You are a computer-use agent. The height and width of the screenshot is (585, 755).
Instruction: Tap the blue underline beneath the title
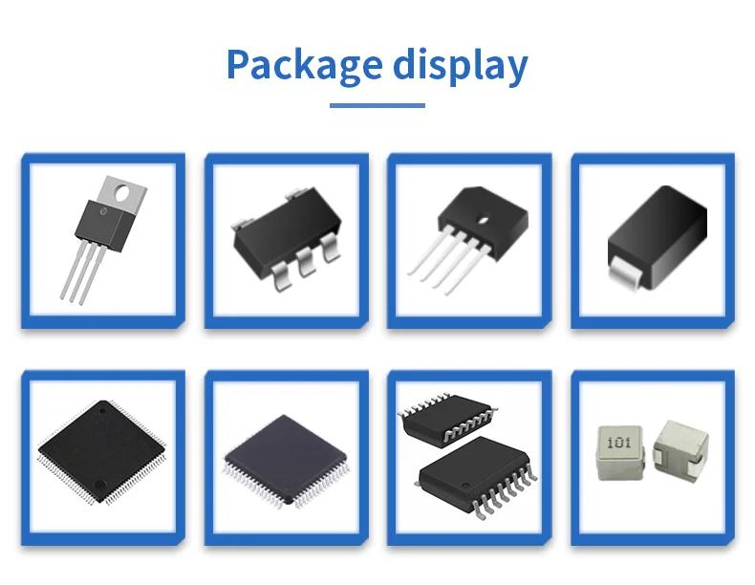pyautogui.click(x=377, y=105)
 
